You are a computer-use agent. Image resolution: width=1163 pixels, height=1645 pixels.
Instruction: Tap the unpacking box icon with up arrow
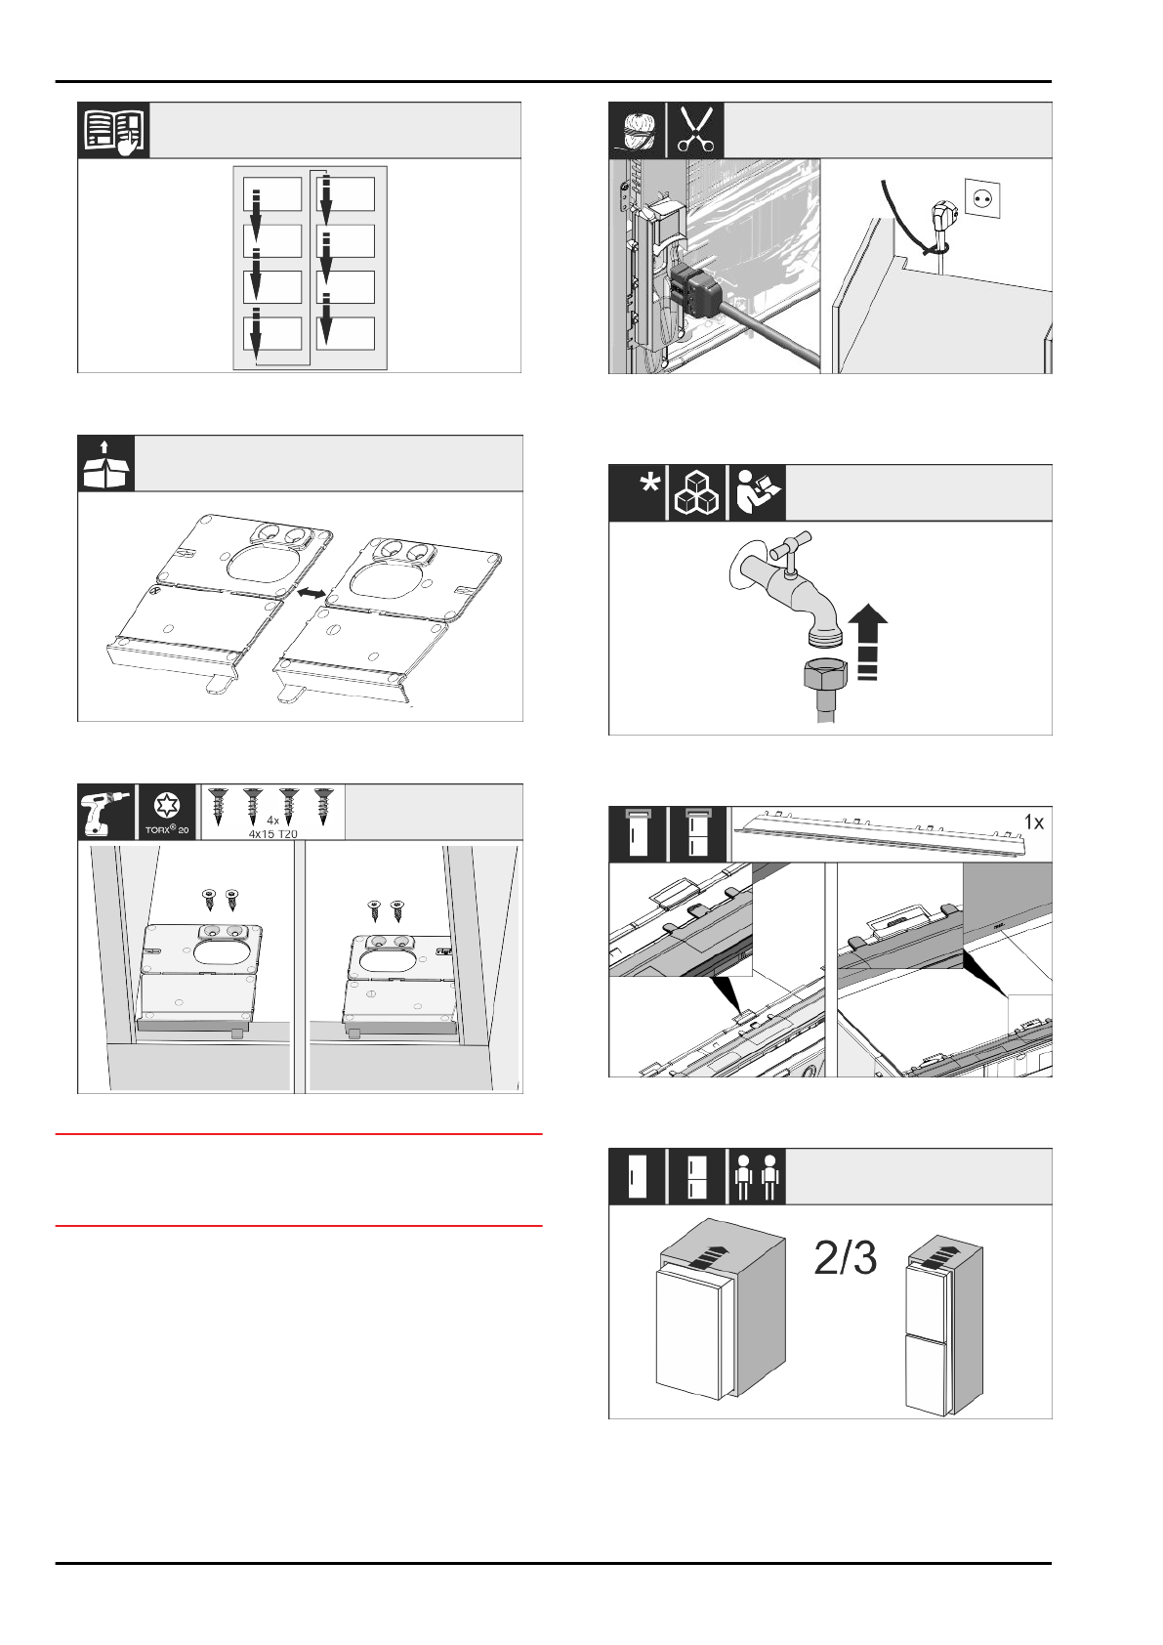(x=104, y=464)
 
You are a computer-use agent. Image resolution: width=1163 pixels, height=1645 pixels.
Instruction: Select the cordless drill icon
(x=105, y=812)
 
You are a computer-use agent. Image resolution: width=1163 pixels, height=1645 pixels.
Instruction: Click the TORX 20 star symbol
(x=167, y=806)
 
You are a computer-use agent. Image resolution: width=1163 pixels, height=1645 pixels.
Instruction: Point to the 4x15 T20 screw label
(x=272, y=833)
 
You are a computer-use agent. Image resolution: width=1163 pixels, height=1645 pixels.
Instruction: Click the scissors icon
(x=695, y=130)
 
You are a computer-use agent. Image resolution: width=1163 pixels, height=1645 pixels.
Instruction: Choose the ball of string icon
(x=637, y=130)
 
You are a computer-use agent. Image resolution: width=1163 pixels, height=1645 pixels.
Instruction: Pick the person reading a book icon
(x=757, y=493)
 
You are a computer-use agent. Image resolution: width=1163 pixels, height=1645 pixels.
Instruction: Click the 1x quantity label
(x=1033, y=823)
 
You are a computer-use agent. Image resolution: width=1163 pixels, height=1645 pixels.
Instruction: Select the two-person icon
(x=757, y=1177)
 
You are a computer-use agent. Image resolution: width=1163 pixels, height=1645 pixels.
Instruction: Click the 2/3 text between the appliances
(x=846, y=1259)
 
